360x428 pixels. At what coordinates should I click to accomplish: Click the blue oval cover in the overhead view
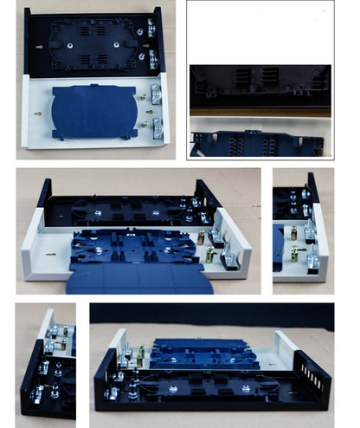point(93,111)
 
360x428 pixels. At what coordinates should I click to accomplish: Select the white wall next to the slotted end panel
point(286,347)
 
